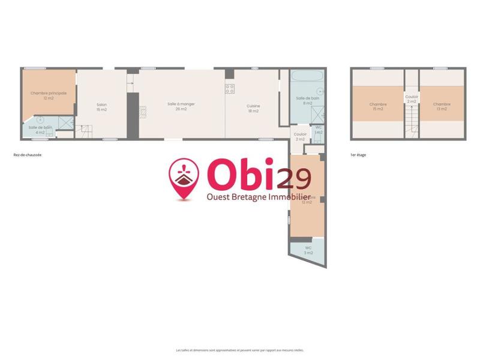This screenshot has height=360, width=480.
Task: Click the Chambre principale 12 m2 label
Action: click(49, 95)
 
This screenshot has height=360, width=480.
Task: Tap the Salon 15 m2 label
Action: click(101, 107)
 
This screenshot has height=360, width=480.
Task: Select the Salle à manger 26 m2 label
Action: click(181, 106)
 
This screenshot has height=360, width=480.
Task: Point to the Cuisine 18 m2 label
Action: click(253, 109)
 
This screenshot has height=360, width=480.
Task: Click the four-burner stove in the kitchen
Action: click(229, 89)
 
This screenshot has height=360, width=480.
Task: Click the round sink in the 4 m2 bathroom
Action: click(41, 120)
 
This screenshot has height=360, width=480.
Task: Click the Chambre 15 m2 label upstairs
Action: click(378, 106)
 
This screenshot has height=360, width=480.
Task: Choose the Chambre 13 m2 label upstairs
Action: click(442, 106)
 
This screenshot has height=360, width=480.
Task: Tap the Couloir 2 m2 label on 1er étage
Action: click(412, 98)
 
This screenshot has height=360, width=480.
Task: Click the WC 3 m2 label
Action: click(308, 250)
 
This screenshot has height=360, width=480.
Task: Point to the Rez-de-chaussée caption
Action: click(27, 155)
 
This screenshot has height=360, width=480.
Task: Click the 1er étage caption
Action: click(358, 155)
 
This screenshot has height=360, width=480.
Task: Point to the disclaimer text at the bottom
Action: click(240, 350)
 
